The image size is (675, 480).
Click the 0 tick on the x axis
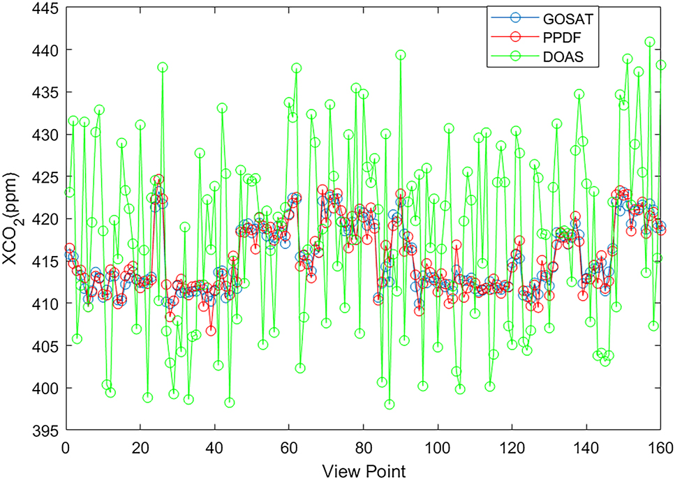(x=66, y=446)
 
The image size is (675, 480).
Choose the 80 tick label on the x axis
(x=363, y=446)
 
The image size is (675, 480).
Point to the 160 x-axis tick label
(x=660, y=446)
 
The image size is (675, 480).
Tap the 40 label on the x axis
(x=214, y=446)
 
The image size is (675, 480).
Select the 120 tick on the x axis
(x=512, y=446)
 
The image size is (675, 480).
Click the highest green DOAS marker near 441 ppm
(x=650, y=42)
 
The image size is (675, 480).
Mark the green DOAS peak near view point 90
(x=401, y=55)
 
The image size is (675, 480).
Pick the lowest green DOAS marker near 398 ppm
(x=390, y=404)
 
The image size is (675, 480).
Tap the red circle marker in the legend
(x=512, y=37)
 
